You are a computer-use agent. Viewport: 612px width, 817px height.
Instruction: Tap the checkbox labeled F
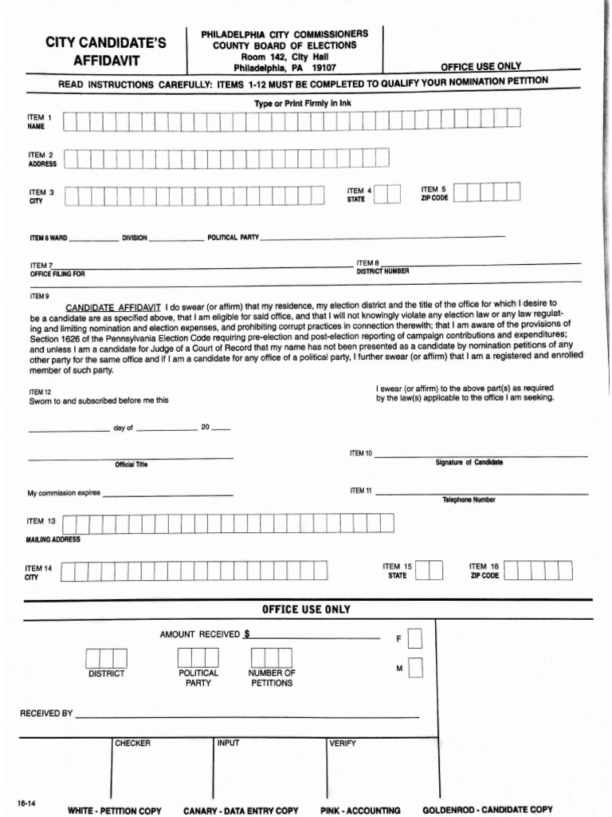[414, 639]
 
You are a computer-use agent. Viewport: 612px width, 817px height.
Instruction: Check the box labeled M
[414, 669]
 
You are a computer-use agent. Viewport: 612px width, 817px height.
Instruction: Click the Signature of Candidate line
[481, 456]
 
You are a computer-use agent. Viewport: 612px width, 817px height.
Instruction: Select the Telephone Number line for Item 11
[481, 493]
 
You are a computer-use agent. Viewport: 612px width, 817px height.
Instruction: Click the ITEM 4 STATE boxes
[387, 194]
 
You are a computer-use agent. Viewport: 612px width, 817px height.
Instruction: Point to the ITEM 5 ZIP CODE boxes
[488, 191]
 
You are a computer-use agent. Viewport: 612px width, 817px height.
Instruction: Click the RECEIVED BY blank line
[246, 716]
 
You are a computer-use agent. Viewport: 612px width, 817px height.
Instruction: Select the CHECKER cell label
[132, 744]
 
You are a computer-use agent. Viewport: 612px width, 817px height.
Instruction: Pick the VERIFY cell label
[343, 744]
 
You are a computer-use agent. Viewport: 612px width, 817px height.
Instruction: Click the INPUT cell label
[228, 744]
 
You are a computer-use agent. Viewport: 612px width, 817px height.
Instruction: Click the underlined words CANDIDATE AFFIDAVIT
[113, 307]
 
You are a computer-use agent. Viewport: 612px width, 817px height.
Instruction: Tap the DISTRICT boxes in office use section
[106, 658]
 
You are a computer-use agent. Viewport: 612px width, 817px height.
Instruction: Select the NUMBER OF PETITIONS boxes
[271, 657]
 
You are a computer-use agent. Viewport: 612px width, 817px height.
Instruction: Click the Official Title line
[131, 457]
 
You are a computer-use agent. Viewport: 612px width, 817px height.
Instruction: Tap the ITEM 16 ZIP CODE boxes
[539, 570]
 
